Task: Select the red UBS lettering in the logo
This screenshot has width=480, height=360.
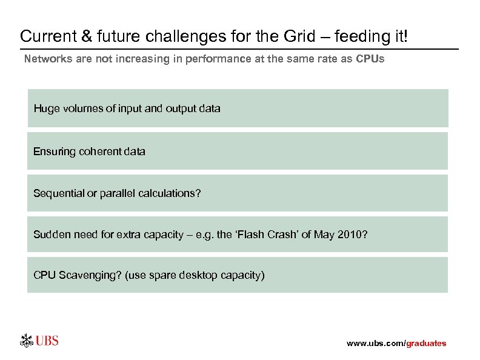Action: pyautogui.click(x=47, y=341)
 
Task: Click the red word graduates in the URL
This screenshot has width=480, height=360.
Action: pyautogui.click(x=425, y=344)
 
